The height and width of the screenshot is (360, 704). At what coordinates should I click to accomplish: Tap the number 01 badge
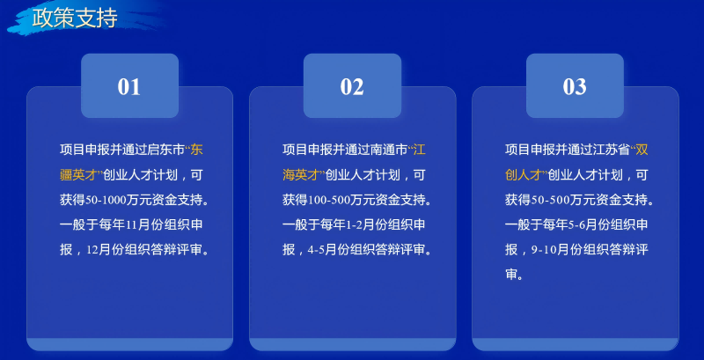(129, 86)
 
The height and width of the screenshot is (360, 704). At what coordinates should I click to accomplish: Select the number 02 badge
(352, 86)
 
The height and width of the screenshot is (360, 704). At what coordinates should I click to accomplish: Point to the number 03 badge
(575, 86)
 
